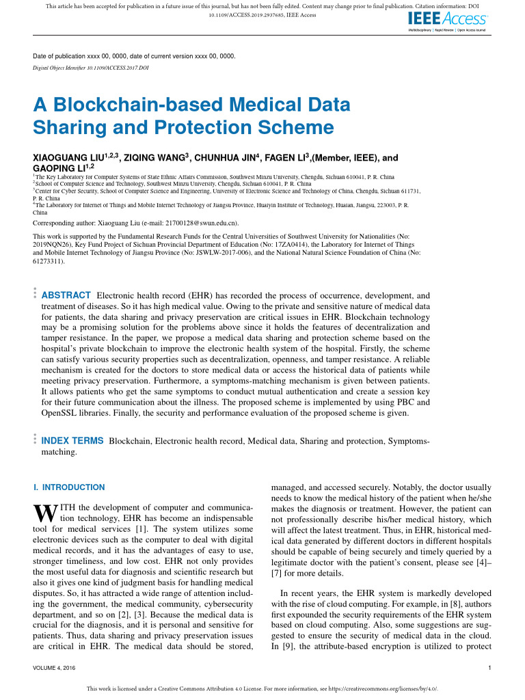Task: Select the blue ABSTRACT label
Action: pyautogui.click(x=66, y=295)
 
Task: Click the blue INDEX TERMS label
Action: pyautogui.click(x=73, y=441)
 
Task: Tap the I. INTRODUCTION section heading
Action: pyautogui.click(x=69, y=487)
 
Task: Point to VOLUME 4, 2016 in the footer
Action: pyautogui.click(x=54, y=667)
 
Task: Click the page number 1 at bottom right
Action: pyautogui.click(x=491, y=667)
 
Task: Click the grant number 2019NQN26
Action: pyautogui.click(x=59, y=243)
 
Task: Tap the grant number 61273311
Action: pyautogui.click(x=48, y=261)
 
